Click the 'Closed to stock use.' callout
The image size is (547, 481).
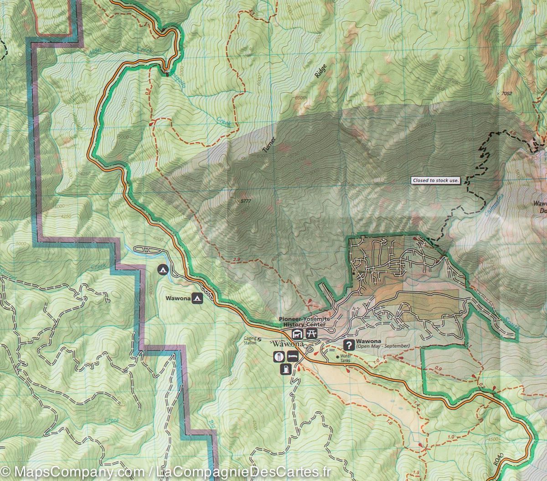[435, 180]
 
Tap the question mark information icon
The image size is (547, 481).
[349, 345]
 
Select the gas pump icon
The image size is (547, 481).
[286, 368]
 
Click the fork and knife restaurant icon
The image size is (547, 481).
[277, 356]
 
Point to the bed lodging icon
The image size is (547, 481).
[292, 356]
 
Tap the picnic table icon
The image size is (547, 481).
[312, 334]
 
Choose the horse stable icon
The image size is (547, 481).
[297, 334]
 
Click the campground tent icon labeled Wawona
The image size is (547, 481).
[197, 298]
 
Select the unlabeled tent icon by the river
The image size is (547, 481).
[162, 270]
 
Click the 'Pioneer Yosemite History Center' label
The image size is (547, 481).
[304, 321]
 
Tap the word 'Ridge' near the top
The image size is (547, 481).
[321, 72]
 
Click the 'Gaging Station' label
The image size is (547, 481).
[250, 340]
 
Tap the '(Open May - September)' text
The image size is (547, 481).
[377, 346]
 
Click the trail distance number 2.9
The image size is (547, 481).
[236, 260]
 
